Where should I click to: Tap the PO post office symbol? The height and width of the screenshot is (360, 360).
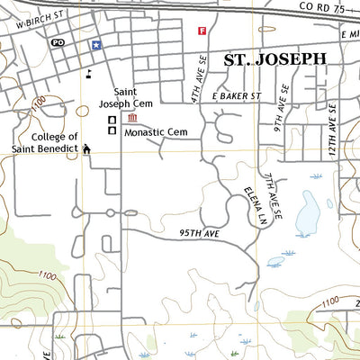[x=58, y=43]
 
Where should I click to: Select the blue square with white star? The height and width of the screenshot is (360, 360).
[x=94, y=44]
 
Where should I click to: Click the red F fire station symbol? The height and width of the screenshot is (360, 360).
[x=202, y=31]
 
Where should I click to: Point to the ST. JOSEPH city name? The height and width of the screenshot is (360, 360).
[x=274, y=59]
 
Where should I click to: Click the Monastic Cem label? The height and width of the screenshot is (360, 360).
[x=156, y=132]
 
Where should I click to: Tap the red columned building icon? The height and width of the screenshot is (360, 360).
[x=132, y=118]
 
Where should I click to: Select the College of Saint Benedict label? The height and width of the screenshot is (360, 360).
[x=41, y=142]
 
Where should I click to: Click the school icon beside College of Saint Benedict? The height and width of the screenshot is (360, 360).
[x=87, y=148]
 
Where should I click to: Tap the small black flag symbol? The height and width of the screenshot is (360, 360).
[x=88, y=75]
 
